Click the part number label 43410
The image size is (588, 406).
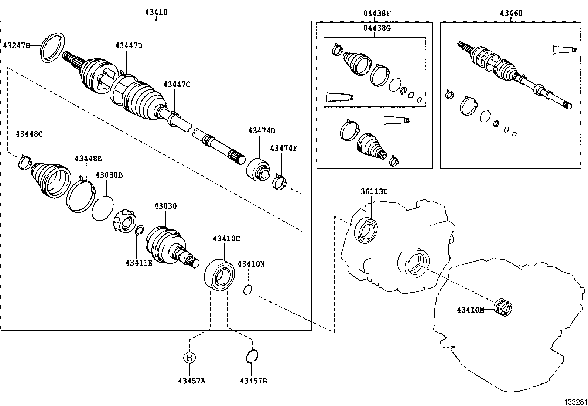click(156, 12)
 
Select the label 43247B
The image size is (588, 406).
click(17, 45)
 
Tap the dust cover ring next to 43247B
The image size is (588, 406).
click(52, 48)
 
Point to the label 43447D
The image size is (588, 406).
click(129, 45)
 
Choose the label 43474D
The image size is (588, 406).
click(261, 130)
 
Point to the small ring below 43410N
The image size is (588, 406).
click(248, 290)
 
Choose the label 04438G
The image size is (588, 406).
click(376, 28)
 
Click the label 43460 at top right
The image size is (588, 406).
click(511, 13)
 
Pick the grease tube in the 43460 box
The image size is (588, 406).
click(564, 50)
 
